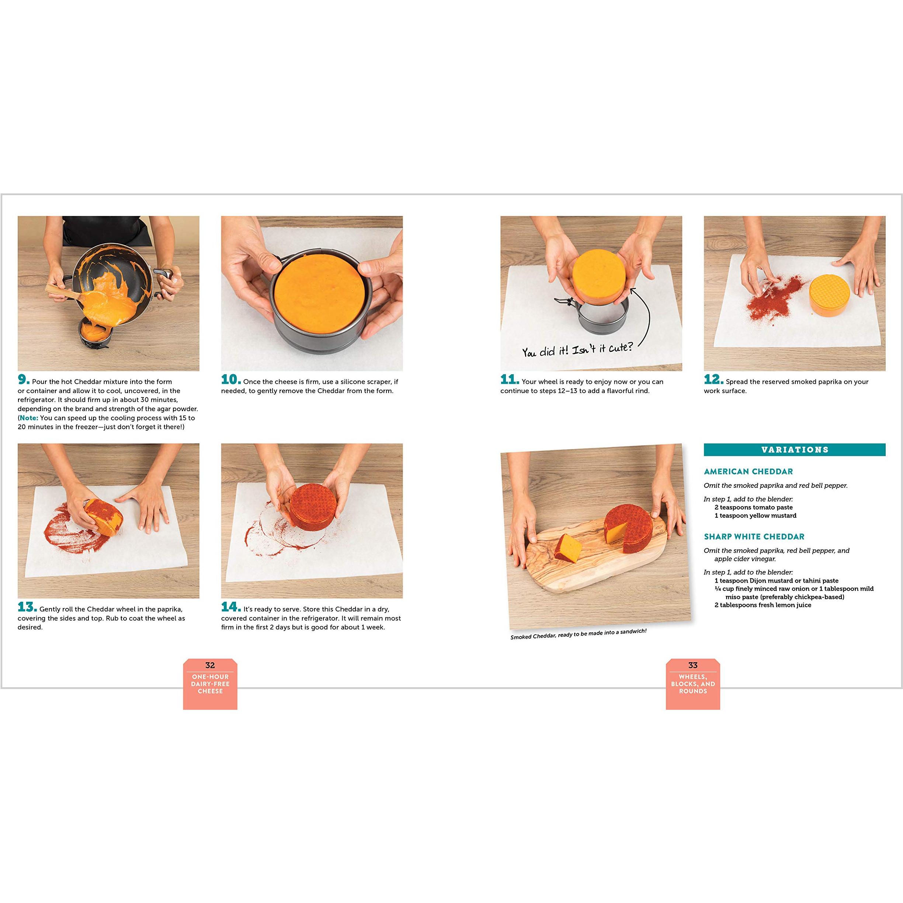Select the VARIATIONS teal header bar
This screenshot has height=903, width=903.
click(795, 449)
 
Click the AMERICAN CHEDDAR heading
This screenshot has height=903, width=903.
click(748, 472)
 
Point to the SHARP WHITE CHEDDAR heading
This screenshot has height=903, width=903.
click(754, 536)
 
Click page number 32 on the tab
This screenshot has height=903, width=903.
click(210, 665)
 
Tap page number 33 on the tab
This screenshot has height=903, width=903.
click(693, 665)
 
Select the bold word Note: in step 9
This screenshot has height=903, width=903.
click(29, 418)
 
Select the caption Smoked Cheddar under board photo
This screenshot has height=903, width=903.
click(578, 634)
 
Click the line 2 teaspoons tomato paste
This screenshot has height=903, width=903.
click(753, 507)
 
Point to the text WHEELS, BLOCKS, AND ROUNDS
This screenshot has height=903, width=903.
click(693, 684)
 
